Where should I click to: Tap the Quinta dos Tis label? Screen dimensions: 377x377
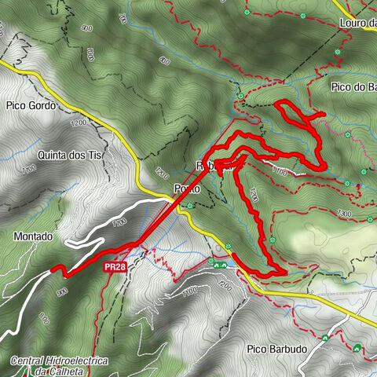70,155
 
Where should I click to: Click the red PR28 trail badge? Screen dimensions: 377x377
115,267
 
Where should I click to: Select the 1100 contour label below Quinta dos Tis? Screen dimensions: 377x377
29,170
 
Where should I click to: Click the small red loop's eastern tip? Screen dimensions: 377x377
323,115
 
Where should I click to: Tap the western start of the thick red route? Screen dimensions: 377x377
53,269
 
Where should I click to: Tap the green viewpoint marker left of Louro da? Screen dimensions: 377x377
248,13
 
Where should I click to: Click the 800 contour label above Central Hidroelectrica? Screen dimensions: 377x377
43,320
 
